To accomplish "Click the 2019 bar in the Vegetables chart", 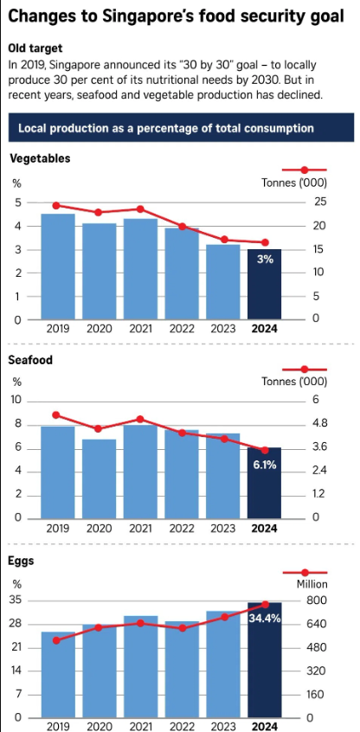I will [58, 266].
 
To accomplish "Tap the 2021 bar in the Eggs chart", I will [140, 666].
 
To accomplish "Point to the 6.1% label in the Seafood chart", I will [265, 465].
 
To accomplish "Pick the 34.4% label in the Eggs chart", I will [265, 619].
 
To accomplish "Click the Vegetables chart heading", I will [40, 158].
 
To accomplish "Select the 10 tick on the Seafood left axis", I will [16, 400].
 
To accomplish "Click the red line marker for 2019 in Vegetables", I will [57, 205].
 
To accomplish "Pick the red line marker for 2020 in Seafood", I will [99, 428].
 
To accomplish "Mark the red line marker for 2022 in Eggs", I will [182, 628].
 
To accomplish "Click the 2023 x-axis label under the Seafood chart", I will [223, 529].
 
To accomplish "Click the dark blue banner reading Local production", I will [180, 128].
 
